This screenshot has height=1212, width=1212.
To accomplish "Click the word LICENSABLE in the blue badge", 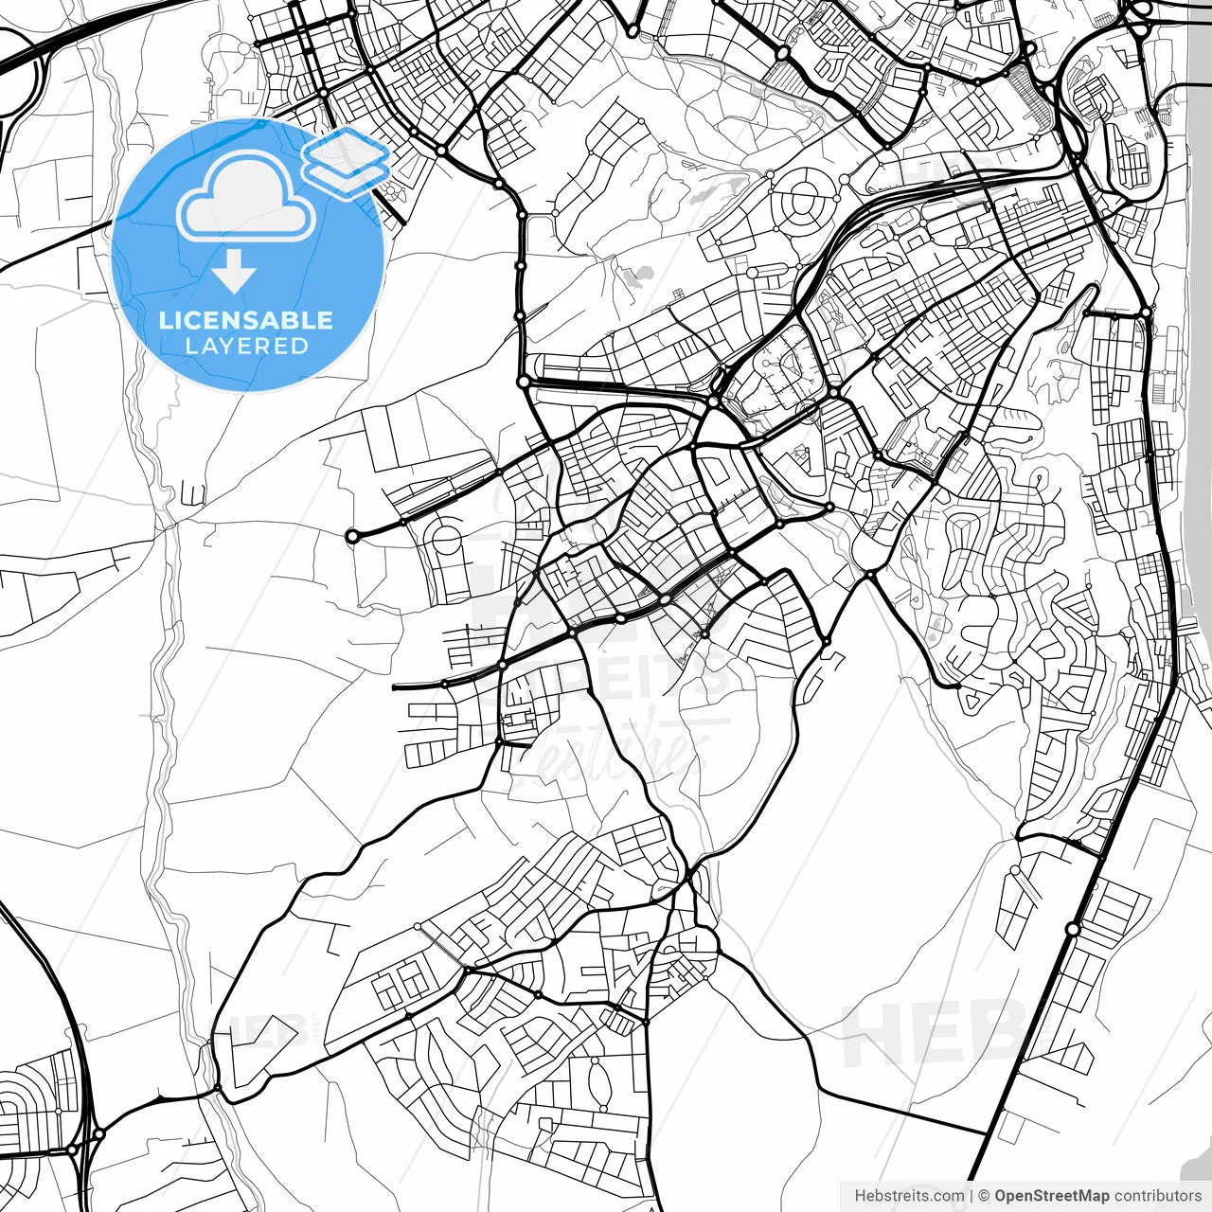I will pos(246,320).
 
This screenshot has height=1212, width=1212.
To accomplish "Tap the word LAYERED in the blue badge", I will pos(246,347).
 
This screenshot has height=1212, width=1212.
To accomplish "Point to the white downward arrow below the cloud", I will pos(234,272).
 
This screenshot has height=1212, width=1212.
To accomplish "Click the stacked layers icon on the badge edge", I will pos(347,163).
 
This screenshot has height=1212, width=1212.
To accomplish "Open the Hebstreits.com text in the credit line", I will pos(909,1196).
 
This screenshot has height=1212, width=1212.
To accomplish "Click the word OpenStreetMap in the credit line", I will pos(1052,1196).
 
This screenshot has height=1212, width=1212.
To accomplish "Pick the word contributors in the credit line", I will pos(1158,1196).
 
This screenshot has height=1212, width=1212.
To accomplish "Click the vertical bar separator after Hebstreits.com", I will pos(971,1196).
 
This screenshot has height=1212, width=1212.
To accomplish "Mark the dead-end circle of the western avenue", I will pos(352,537).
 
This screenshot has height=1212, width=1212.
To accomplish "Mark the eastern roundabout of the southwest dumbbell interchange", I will pos(98,1133).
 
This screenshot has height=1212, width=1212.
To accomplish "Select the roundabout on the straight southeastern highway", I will pos(1072,929).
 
